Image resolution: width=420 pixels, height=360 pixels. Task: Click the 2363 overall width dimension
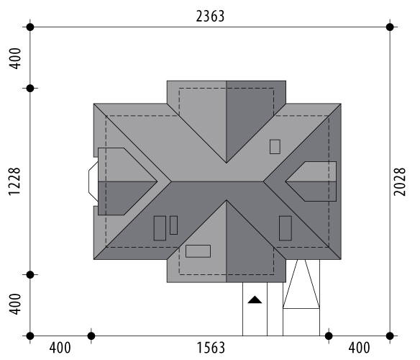click(x=210, y=16)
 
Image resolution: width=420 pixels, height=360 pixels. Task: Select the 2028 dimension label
click(x=399, y=181)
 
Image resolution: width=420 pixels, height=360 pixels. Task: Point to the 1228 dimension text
click(x=14, y=181)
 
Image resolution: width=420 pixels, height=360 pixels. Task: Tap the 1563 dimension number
click(x=211, y=348)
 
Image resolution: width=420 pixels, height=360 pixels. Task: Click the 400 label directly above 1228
click(x=14, y=58)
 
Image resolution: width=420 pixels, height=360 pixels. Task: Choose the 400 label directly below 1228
click(x=14, y=304)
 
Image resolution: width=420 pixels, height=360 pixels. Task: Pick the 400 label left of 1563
click(x=60, y=348)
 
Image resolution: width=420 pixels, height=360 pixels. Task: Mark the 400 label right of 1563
click(x=359, y=348)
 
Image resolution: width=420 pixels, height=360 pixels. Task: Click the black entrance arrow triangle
click(x=255, y=300)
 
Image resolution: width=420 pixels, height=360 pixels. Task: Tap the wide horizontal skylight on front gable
click(x=198, y=251)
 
